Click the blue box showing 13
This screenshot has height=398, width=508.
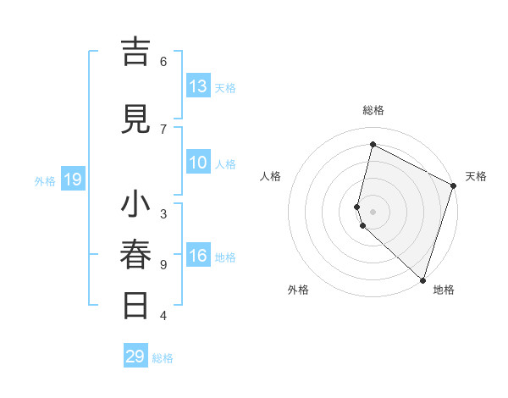(x=198, y=86)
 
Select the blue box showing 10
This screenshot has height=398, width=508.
(x=198, y=163)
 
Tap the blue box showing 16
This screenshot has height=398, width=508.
(x=198, y=257)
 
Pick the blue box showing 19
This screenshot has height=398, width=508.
(x=73, y=180)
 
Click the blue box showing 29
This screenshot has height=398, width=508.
(x=135, y=357)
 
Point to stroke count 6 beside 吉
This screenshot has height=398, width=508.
(x=163, y=61)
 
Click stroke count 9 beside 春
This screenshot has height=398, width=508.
(x=163, y=264)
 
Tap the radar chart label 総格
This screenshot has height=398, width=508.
(x=373, y=110)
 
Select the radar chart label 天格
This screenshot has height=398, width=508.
(x=476, y=176)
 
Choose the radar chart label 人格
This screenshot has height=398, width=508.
(x=270, y=176)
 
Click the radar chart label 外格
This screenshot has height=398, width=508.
(x=298, y=290)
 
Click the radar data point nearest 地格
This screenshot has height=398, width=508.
(x=423, y=279)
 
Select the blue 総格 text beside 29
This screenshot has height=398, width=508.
(x=163, y=358)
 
